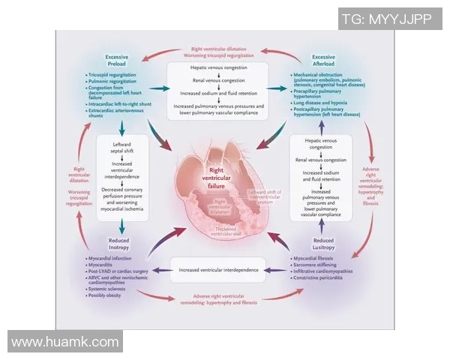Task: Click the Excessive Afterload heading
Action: [324, 61]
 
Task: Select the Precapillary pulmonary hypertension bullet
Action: [324, 94]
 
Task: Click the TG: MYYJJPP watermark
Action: [386, 19]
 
